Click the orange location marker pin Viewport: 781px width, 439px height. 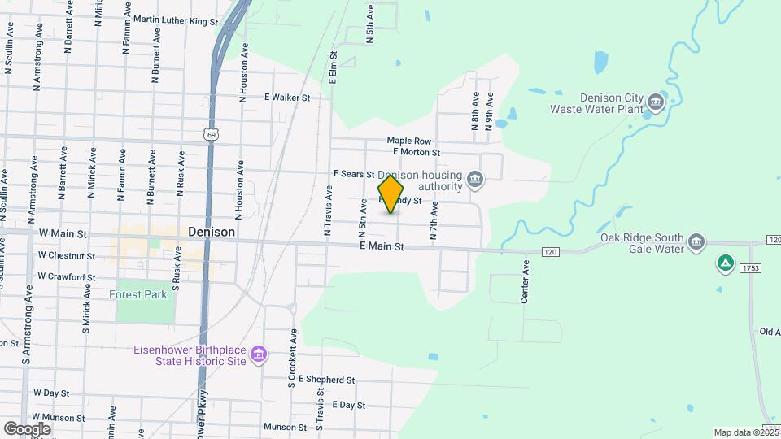click(390, 194)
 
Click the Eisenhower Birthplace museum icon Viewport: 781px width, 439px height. click(259, 354)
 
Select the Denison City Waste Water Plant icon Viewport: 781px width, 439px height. click(656, 103)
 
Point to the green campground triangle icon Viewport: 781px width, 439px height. click(724, 263)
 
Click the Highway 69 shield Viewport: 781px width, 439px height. click(211, 134)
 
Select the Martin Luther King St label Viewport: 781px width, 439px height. click(176, 20)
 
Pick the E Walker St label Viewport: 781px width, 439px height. click(287, 98)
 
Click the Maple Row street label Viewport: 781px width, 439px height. click(408, 141)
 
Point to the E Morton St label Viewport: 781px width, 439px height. click(416, 152)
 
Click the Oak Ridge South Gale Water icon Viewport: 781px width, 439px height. click(696, 242)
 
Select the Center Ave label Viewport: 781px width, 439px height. click(526, 281)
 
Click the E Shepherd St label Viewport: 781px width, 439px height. click(326, 380)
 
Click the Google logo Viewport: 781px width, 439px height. click(27, 428)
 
